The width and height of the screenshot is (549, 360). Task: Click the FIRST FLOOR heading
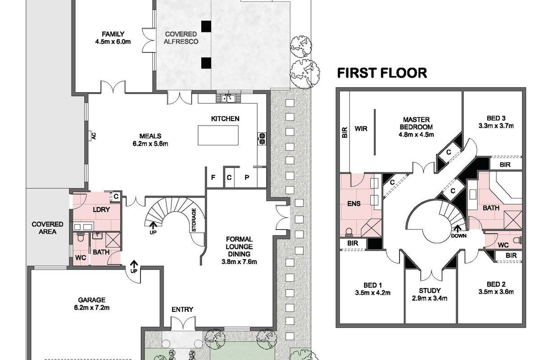tap(382, 73)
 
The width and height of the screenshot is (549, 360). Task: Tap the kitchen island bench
tap(218, 135)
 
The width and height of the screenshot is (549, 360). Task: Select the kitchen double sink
tap(228, 99)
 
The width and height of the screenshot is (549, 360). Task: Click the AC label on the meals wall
tap(94, 135)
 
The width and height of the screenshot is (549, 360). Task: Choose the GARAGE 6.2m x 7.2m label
tap(92, 304)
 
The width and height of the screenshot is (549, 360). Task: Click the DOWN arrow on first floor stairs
tap(457, 229)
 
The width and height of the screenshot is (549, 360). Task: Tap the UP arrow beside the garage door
tap(134, 264)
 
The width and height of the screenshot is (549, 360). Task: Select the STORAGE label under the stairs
tap(194, 220)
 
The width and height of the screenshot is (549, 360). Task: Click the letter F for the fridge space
tap(213, 177)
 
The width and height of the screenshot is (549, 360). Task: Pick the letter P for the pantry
tap(247, 177)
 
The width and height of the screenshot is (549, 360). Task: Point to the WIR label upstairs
tap(361, 129)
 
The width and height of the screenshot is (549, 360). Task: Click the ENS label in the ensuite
tap(354, 203)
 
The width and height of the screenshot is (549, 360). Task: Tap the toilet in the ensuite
tap(348, 232)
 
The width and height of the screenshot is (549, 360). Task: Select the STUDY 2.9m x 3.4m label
tap(429, 294)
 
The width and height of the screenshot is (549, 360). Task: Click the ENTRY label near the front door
tap(182, 310)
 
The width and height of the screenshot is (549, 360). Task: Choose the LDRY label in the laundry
tap(101, 210)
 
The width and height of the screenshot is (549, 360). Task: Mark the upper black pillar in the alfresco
tap(206, 26)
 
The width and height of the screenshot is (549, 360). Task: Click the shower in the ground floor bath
tap(113, 240)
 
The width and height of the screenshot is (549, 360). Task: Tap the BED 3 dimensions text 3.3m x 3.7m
tap(496, 126)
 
